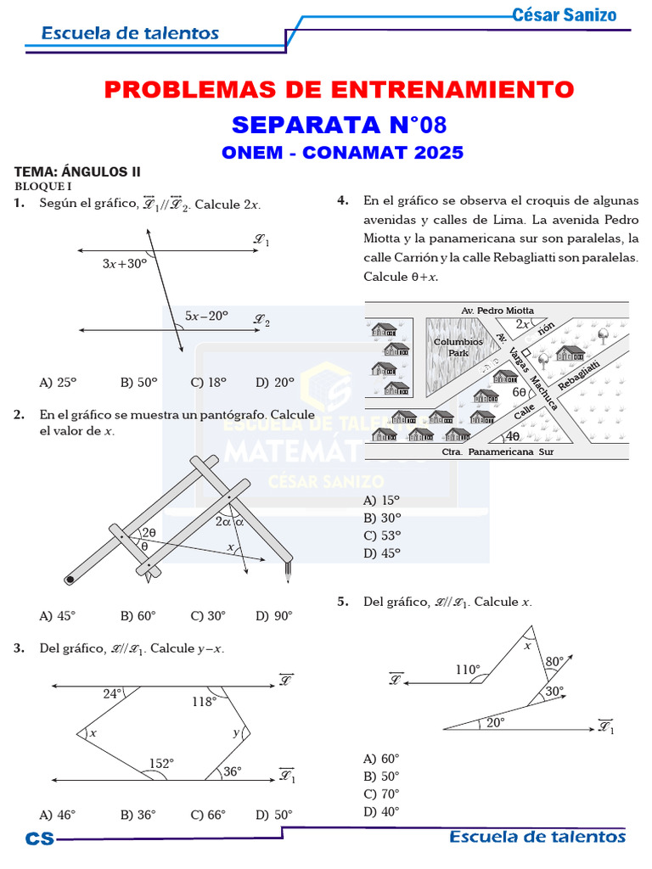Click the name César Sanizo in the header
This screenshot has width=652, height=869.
tap(565, 14)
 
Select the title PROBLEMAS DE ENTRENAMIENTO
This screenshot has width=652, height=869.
tap(339, 89)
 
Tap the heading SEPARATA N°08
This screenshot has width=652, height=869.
tap(339, 125)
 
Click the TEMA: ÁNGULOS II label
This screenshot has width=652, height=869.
tap(76, 171)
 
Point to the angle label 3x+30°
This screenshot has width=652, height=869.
tap(124, 263)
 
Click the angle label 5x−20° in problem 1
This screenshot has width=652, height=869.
tap(207, 316)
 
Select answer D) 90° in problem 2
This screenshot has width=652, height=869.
tap(273, 616)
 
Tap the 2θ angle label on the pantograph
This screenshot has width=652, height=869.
tap(149, 532)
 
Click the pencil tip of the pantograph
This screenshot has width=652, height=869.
tap(289, 577)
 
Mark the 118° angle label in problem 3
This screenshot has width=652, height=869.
tap(204, 701)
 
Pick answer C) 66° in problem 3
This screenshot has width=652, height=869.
tap(208, 815)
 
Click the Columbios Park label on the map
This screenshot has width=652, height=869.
tap(458, 347)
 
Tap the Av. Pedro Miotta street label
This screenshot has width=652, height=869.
tap(497, 311)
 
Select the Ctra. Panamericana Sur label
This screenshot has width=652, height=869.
tap(497, 452)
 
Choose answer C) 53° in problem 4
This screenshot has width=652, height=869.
tap(381, 535)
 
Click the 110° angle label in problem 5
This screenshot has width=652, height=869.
tap(467, 670)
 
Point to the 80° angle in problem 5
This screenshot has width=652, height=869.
tap(554, 660)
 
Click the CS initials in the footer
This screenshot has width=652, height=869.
tap(39, 838)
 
